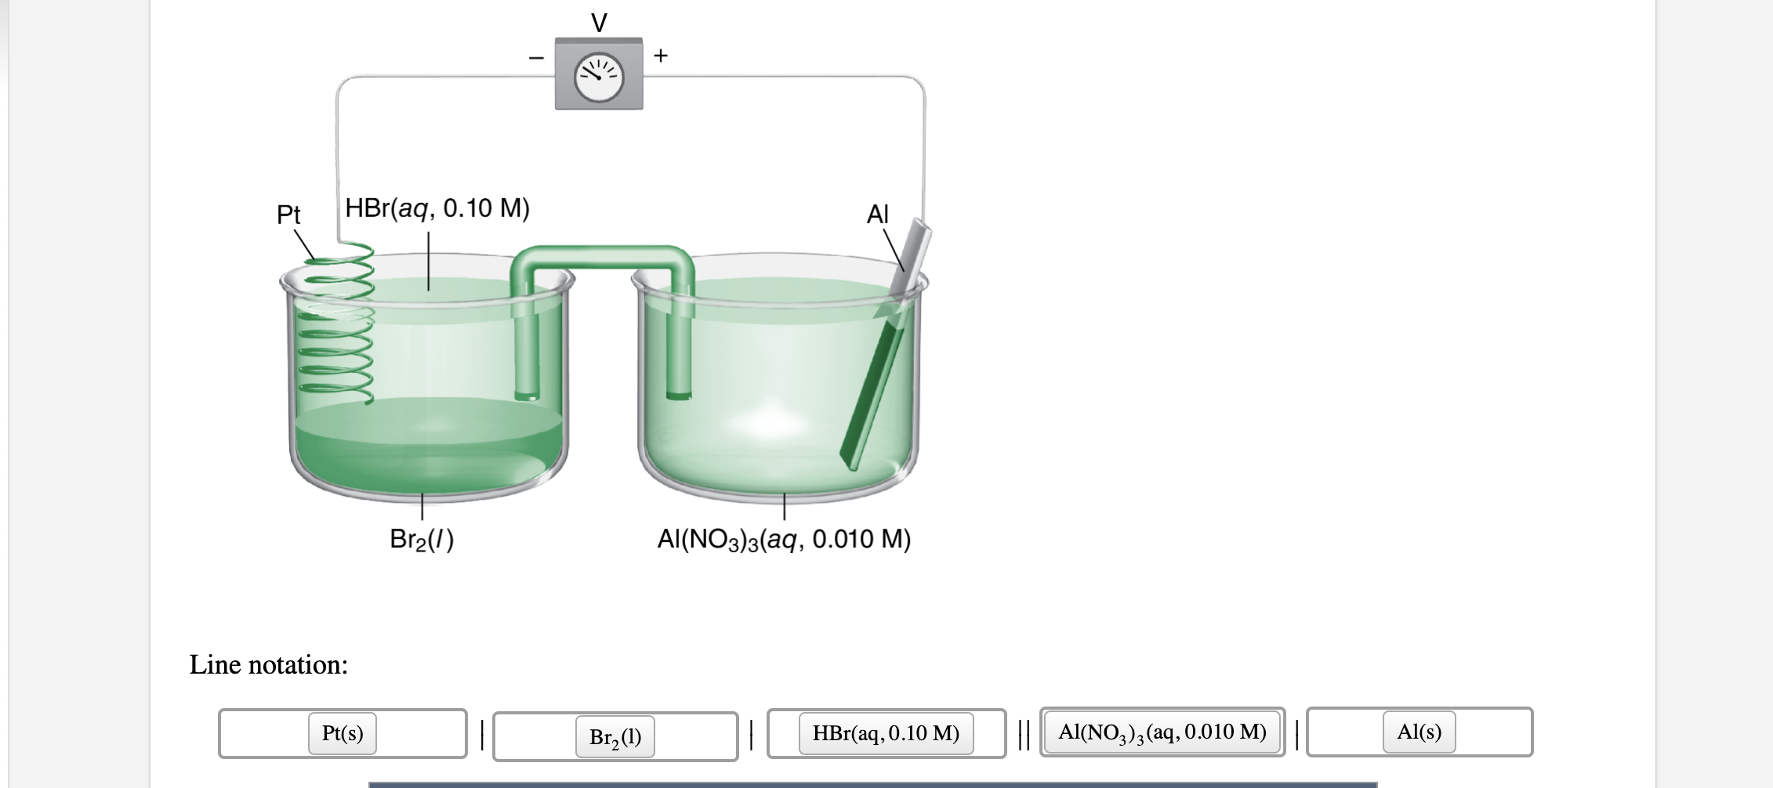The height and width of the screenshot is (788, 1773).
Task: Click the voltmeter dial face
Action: click(x=599, y=78)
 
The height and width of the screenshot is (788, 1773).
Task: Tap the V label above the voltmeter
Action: click(x=599, y=23)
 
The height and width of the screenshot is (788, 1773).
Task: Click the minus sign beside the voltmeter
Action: click(x=536, y=57)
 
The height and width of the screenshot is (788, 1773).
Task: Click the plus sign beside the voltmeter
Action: click(x=661, y=55)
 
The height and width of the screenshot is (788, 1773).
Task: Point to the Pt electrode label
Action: click(x=288, y=214)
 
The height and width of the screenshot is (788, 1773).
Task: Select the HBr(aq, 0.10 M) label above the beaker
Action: click(x=437, y=208)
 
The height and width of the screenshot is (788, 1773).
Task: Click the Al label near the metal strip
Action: click(x=878, y=214)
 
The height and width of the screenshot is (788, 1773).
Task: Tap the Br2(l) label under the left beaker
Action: click(x=422, y=539)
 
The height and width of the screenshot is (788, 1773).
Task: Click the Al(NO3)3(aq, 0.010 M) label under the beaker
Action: click(x=784, y=539)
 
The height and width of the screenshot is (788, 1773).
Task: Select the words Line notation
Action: click(x=269, y=664)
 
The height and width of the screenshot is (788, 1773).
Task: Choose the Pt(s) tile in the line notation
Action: click(x=343, y=733)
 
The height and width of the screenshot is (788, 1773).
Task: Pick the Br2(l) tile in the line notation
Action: click(x=615, y=737)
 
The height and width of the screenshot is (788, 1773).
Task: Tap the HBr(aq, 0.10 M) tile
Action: click(x=886, y=733)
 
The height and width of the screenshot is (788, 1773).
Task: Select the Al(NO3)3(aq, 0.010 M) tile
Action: click(x=1162, y=732)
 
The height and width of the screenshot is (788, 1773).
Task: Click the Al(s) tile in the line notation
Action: click(x=1419, y=732)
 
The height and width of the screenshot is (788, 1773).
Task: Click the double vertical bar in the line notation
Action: click(x=1023, y=735)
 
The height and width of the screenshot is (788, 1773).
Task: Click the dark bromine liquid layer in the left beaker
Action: click(x=427, y=446)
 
